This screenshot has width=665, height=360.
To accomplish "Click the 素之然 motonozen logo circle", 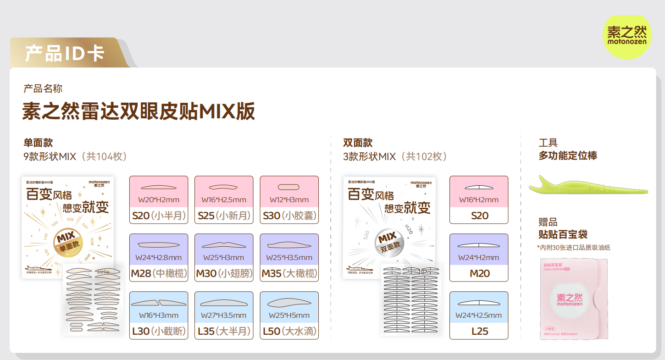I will click(x=626, y=36).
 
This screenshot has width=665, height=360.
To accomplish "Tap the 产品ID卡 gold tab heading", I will click(x=65, y=53).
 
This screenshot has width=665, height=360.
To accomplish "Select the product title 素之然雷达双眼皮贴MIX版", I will click(x=139, y=111).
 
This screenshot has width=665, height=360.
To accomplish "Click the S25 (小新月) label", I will click(x=224, y=216).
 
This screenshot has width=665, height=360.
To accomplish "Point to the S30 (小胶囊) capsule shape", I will click(x=289, y=187).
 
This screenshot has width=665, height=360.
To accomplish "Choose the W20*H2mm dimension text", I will click(x=159, y=199).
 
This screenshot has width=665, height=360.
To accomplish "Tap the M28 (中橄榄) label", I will click(x=159, y=273).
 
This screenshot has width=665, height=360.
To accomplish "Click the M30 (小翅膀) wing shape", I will click(x=224, y=244).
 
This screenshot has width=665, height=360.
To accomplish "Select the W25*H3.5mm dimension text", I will click(x=289, y=257).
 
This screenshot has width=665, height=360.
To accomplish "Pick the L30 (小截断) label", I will click(x=159, y=331).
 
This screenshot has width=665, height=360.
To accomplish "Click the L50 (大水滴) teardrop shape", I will click(x=289, y=302).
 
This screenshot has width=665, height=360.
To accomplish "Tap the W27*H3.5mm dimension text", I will click(x=224, y=315).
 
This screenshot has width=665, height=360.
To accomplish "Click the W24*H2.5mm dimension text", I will click(x=478, y=315).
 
